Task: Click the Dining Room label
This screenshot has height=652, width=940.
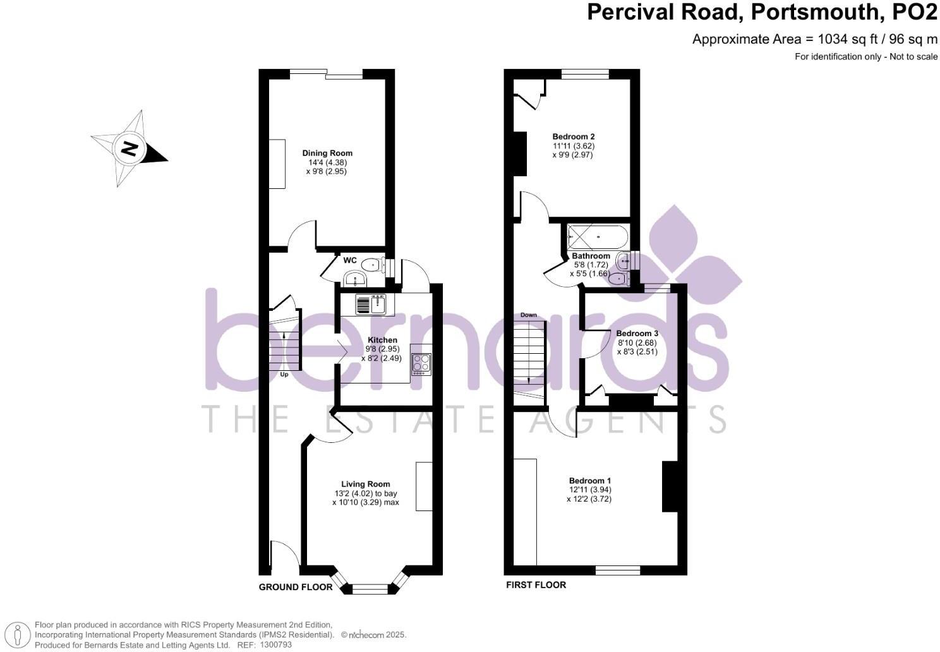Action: tap(327, 153)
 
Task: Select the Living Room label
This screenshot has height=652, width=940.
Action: tap(366, 485)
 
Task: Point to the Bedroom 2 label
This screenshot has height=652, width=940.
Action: tap(574, 136)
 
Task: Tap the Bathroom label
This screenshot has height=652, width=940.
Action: tap(591, 256)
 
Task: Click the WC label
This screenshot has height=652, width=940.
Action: tap(350, 260)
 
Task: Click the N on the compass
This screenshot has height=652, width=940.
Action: tap(130, 149)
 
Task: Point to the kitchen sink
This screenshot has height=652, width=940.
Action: tap(371, 305)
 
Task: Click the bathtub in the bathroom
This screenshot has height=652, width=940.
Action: tap(598, 238)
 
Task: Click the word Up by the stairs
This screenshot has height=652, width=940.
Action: tap(284, 375)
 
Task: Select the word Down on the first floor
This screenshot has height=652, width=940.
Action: tap(529, 315)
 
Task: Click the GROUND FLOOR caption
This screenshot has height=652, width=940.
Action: tap(296, 587)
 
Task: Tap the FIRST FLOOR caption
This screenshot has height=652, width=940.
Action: tap(536, 585)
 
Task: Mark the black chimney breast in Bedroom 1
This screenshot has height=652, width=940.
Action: tap(670, 486)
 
